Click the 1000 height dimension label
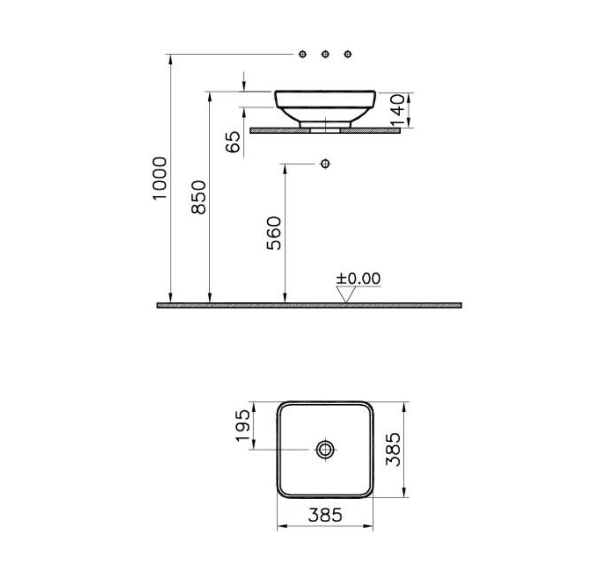point(160,179)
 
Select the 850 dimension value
point(199,197)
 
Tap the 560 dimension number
point(274,233)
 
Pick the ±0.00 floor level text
point(358,279)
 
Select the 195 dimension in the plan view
point(243,425)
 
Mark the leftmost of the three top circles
point(303,54)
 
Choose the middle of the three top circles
point(325,54)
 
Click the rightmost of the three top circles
point(348,54)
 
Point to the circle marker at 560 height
point(325,164)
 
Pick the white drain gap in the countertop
point(325,131)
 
